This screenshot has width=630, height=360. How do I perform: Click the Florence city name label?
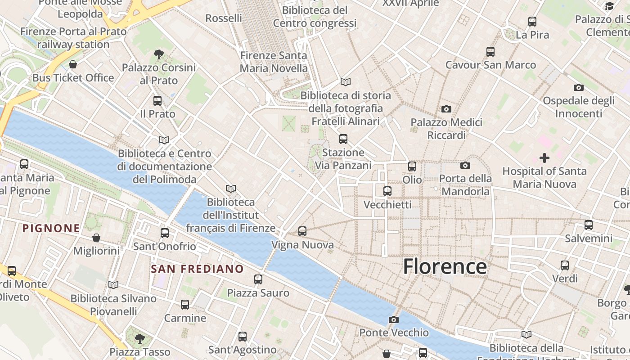click(x=445, y=266)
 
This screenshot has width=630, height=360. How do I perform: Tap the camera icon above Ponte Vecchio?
click(x=394, y=319)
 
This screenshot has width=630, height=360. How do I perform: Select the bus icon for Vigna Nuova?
click(x=302, y=231)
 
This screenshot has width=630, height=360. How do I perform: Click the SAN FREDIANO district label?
click(x=197, y=269)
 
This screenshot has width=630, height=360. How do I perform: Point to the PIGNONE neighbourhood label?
click(x=51, y=228)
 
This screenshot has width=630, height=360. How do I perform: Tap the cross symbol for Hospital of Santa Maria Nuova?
click(x=544, y=158)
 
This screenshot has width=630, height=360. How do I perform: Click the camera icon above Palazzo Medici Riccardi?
click(x=446, y=109)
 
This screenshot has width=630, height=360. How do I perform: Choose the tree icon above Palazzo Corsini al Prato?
click(x=158, y=54)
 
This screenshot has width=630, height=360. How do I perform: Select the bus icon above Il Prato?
click(x=157, y=101)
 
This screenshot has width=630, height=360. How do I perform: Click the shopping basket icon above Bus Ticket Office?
click(x=73, y=64)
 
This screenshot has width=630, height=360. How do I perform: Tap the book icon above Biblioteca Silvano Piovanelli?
click(x=113, y=285)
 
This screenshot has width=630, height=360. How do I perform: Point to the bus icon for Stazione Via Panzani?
click(x=343, y=139)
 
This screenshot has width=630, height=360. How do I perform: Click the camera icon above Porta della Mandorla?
click(x=465, y=166)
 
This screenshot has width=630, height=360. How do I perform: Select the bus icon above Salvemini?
click(x=589, y=225)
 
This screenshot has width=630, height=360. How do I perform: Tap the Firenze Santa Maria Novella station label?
click(x=274, y=62)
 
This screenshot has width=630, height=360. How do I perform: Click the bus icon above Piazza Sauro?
click(x=258, y=279)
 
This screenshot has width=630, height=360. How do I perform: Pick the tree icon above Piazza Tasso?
click(x=140, y=338)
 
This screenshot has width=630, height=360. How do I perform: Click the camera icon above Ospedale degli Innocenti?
click(x=579, y=87)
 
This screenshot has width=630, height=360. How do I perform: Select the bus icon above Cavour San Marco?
click(x=490, y=52)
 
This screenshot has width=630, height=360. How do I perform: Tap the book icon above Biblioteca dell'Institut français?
click(x=231, y=189)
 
